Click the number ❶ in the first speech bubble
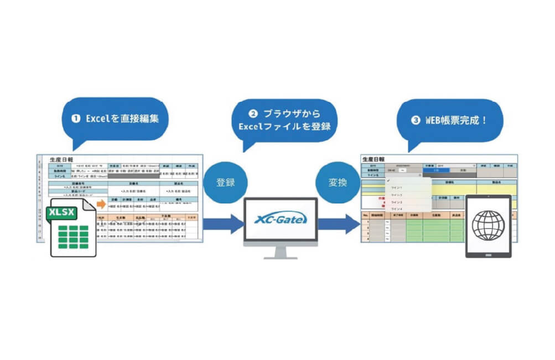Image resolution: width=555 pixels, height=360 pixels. tap(75, 118)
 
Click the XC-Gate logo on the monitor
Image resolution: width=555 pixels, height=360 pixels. tap(281, 220)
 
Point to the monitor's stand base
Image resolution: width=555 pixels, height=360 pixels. tap(281, 257)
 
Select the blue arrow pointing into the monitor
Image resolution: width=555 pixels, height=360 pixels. tap(223, 224)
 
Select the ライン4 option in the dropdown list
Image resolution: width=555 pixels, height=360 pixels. tap(397, 209)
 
